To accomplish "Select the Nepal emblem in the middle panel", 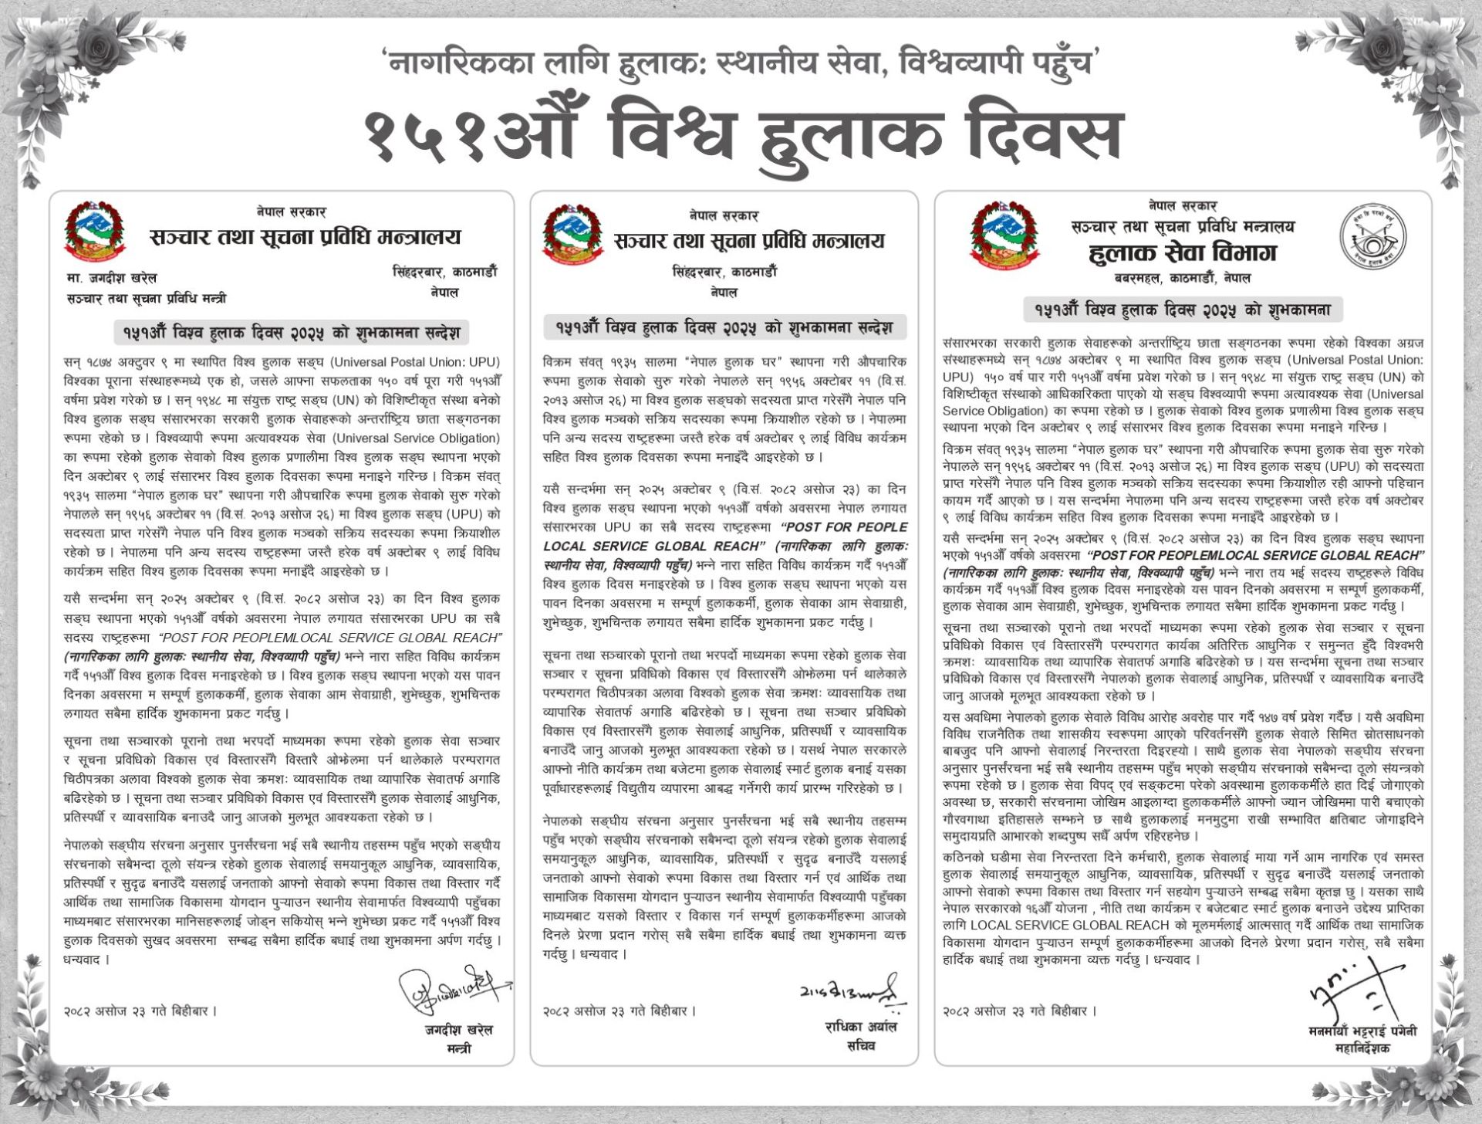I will point(572,236).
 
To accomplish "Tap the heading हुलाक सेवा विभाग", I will point(1182,252).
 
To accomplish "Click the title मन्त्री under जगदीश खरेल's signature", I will point(458,1048).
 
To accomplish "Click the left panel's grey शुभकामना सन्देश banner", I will point(291,332).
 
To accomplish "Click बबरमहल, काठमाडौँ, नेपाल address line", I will point(1182,278).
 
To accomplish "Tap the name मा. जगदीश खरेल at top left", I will point(112,278).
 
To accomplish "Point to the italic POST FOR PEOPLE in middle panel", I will point(844,527).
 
